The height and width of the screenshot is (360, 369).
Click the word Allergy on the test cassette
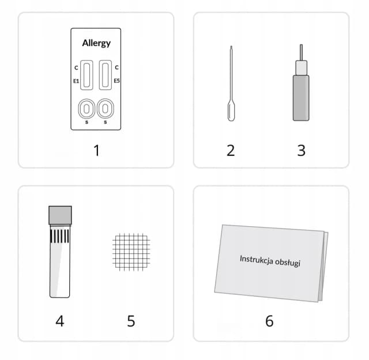pyautogui.click(x=96, y=43)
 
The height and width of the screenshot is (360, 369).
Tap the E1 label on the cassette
pyautogui.click(x=76, y=81)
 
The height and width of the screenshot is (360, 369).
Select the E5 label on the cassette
pyautogui.click(x=116, y=81)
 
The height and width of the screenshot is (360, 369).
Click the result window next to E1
pyautogui.click(x=86, y=75)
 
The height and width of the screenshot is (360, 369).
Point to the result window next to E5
pyautogui.click(x=105, y=75)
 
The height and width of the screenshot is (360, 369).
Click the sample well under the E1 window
pyautogui.click(x=86, y=109)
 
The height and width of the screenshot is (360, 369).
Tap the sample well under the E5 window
pyautogui.click(x=105, y=108)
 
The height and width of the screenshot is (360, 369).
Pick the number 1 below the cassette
pyautogui.click(x=97, y=151)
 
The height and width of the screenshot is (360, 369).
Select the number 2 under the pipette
pyautogui.click(x=231, y=151)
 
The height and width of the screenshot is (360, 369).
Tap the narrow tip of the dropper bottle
pyautogui.click(x=301, y=52)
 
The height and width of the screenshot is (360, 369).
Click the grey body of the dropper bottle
pyautogui.click(x=301, y=97)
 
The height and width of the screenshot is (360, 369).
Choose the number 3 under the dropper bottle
pyautogui.click(x=301, y=151)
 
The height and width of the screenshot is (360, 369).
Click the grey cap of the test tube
pyautogui.click(x=60, y=215)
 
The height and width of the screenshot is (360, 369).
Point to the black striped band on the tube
pyautogui.click(x=60, y=236)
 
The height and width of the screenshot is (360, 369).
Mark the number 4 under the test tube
pyautogui.click(x=60, y=321)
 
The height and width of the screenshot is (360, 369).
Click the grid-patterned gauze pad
pyautogui.click(x=131, y=252)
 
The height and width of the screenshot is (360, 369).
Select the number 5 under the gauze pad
pyautogui.click(x=131, y=321)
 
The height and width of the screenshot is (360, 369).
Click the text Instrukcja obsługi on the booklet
pyautogui.click(x=270, y=261)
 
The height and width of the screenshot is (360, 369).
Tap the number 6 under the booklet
pyautogui.click(x=269, y=321)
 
